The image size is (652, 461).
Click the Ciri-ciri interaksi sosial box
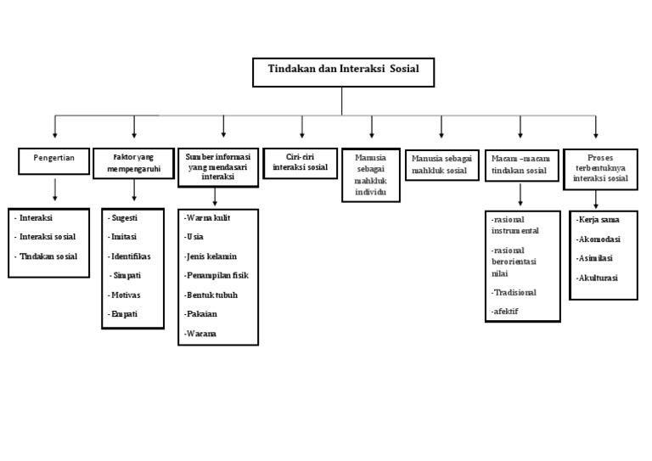(x=301, y=161)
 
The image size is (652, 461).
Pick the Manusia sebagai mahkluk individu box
(x=371, y=176)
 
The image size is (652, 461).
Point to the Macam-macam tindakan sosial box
(x=519, y=165)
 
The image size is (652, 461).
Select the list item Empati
(x=124, y=314)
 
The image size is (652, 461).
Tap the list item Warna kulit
(x=208, y=217)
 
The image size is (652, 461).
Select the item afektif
(x=505, y=312)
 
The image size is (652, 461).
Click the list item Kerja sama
(x=599, y=220)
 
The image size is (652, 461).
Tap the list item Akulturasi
(x=598, y=278)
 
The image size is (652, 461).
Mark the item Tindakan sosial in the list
(x=49, y=257)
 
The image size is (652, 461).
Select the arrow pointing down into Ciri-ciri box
(x=301, y=126)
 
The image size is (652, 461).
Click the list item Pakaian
(x=201, y=314)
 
